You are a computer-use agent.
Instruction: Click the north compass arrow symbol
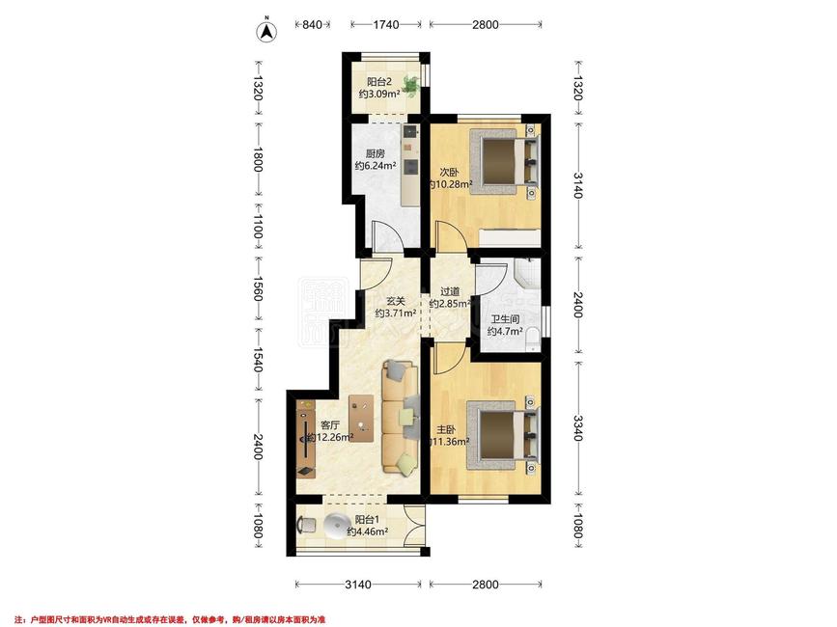(266, 32)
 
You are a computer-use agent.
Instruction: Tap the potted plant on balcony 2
(410, 85)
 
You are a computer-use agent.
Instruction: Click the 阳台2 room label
(379, 82)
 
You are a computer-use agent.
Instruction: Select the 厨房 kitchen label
(376, 153)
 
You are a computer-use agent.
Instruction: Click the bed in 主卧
(503, 434)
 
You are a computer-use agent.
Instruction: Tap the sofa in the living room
(401, 417)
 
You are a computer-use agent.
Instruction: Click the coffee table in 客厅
(361, 419)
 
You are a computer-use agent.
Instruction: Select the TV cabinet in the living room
(306, 439)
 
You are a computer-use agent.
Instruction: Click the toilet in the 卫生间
(533, 340)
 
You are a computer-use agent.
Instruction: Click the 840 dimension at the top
(312, 24)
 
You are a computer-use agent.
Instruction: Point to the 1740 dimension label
(386, 24)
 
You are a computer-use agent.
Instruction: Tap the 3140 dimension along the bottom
(357, 585)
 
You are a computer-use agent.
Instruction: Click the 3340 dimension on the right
(577, 428)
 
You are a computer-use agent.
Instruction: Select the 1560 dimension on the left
(258, 288)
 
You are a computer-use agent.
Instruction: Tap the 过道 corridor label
(450, 291)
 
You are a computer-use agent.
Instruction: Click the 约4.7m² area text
(505, 331)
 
